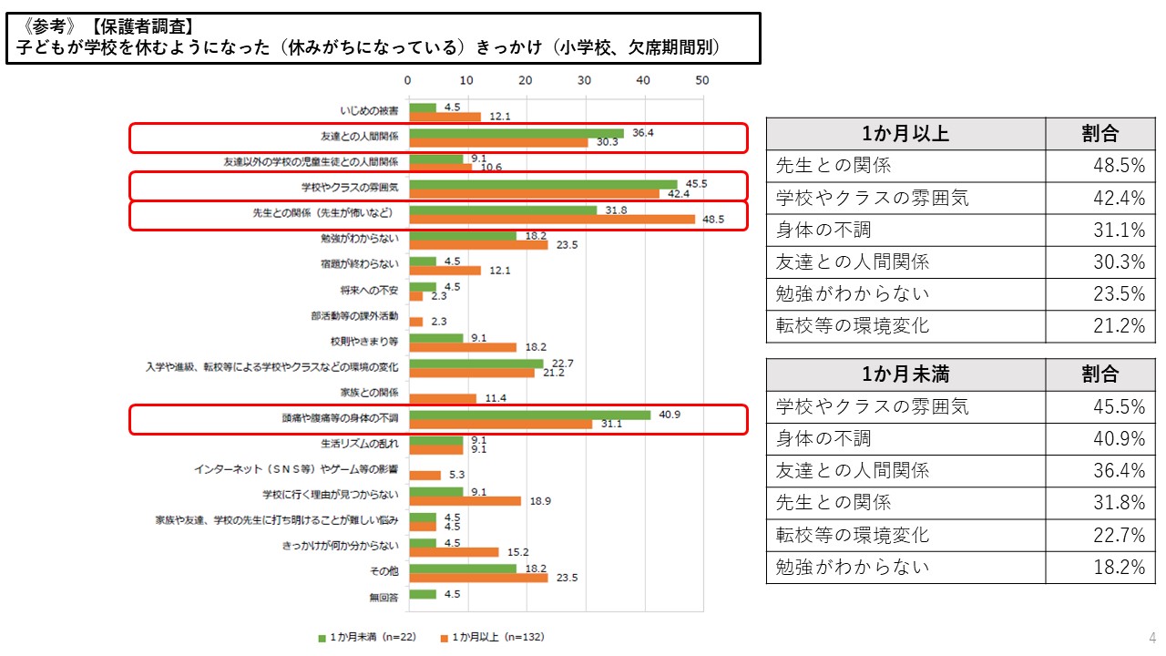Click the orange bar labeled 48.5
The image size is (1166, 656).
552,220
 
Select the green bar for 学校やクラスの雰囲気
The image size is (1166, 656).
544,184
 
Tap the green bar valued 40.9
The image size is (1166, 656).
530,415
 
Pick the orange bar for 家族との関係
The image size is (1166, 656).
443,398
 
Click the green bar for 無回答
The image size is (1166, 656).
423,594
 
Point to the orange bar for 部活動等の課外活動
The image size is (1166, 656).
416,322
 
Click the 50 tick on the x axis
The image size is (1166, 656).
701,80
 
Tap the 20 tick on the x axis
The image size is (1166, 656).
526,80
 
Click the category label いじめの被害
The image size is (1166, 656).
369,111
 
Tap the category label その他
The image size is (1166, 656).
385,572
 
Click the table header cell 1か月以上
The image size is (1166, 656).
905,133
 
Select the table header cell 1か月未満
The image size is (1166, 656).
905,374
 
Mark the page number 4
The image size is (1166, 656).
1152,637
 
